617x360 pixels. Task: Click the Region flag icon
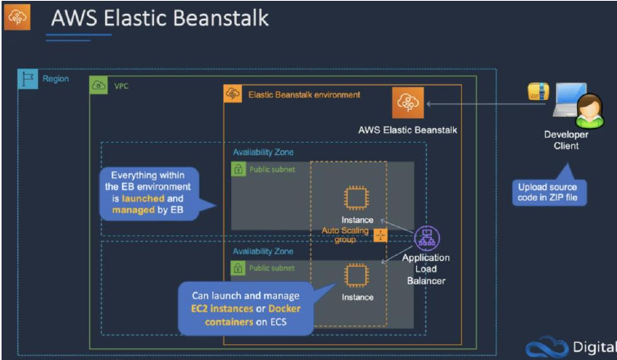[x=28, y=79]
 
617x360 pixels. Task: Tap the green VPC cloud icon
[x=98, y=85]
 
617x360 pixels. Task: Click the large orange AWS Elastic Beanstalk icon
[x=408, y=103]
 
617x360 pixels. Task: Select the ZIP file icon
[x=538, y=91]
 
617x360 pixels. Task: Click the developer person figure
[x=589, y=111]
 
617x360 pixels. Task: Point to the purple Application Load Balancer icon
[x=427, y=239]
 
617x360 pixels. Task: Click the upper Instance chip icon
[x=356, y=198]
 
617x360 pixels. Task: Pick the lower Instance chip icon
[x=356, y=275]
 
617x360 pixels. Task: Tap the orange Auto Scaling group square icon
[x=380, y=235]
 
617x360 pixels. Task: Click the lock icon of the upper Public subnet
[x=238, y=170]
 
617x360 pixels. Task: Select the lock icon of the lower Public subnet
[x=238, y=268]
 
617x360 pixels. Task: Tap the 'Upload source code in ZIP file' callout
[x=549, y=192]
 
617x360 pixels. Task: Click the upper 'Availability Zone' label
[x=263, y=152]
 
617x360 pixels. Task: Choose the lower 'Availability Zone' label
[x=263, y=251]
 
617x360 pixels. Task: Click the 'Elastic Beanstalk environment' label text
[x=304, y=95]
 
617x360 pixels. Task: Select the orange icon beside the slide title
[x=17, y=17]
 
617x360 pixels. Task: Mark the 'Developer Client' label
[x=566, y=140]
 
